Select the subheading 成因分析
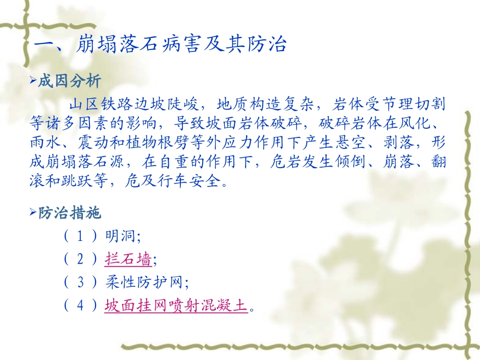(70, 81)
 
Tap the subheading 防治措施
(70, 213)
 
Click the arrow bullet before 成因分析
(34, 81)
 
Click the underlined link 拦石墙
(128, 260)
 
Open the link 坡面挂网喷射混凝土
(176, 306)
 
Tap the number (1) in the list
(80, 237)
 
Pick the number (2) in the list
(80, 260)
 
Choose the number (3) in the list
(80, 283)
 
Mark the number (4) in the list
(80, 306)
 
